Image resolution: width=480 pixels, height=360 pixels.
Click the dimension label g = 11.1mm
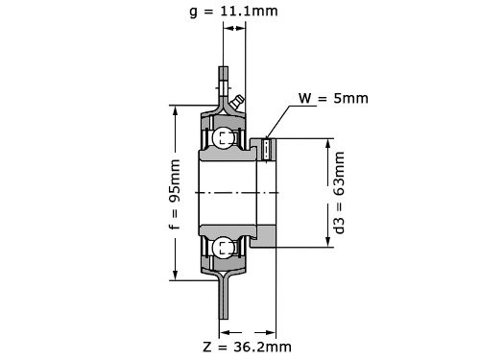pyautogui.click(x=233, y=12)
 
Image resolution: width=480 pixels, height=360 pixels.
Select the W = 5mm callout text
pyautogui.click(x=333, y=98)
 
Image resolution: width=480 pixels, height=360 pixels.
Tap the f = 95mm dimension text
pyautogui.click(x=175, y=194)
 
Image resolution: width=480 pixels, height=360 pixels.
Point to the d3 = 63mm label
pyautogui.click(x=339, y=193)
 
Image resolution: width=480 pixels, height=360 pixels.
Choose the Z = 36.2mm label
pyautogui.click(x=247, y=347)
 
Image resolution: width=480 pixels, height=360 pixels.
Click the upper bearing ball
pyautogui.click(x=223, y=138)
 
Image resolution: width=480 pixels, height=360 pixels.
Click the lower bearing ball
pyautogui.click(x=223, y=248)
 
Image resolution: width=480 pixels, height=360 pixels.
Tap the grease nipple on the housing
pyautogui.click(x=237, y=102)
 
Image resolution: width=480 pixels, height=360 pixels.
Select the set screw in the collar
pyautogui.click(x=266, y=150)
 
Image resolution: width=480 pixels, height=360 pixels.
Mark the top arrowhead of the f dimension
pyautogui.click(x=175, y=110)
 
